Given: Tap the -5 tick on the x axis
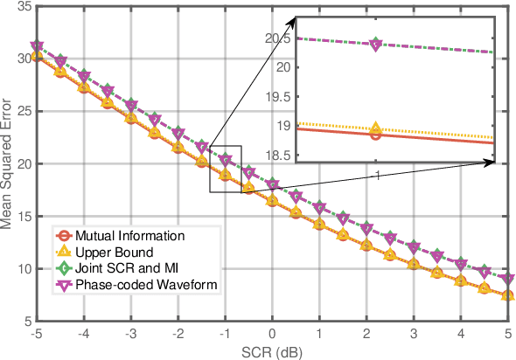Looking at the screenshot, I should (37, 335).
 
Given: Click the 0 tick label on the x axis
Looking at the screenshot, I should (272, 335).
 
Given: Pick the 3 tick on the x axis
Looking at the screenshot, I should (413, 335).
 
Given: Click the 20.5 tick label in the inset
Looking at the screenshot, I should (278, 38).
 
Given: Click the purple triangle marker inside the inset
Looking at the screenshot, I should (376, 45).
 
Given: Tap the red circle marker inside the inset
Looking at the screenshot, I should (376, 134).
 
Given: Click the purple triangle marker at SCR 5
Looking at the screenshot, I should (507, 280).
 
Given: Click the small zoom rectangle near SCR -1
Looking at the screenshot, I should (225, 169).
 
